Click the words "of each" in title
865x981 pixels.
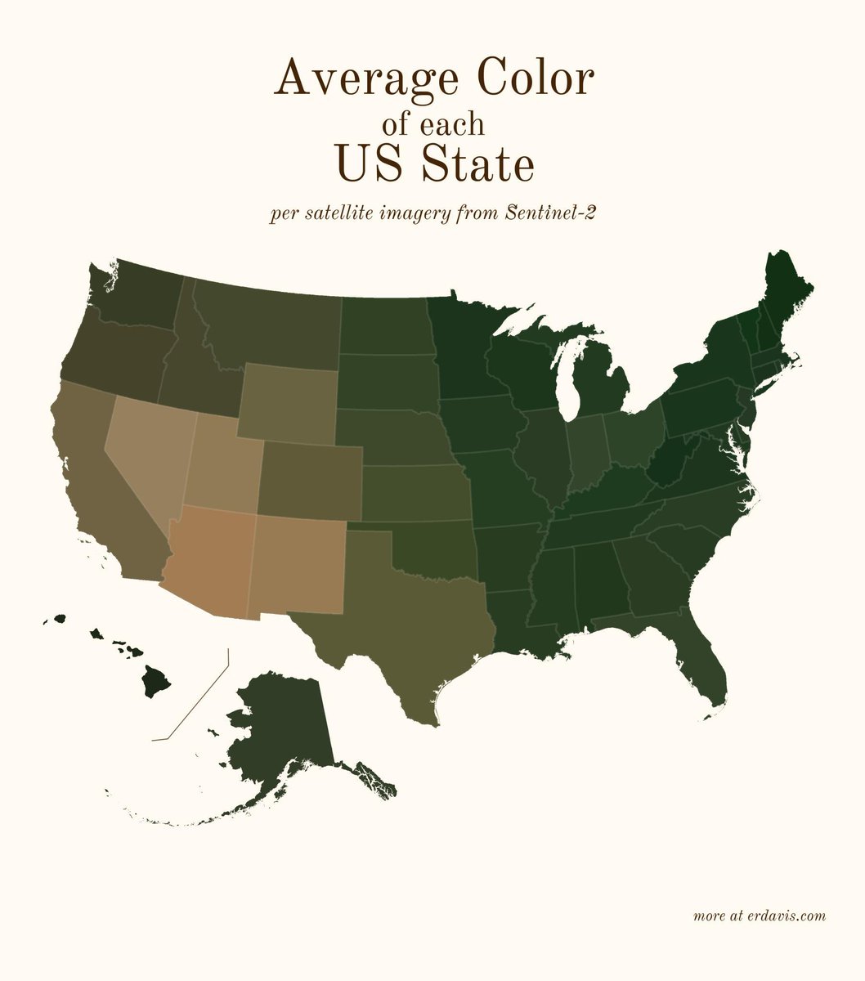(432, 124)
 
